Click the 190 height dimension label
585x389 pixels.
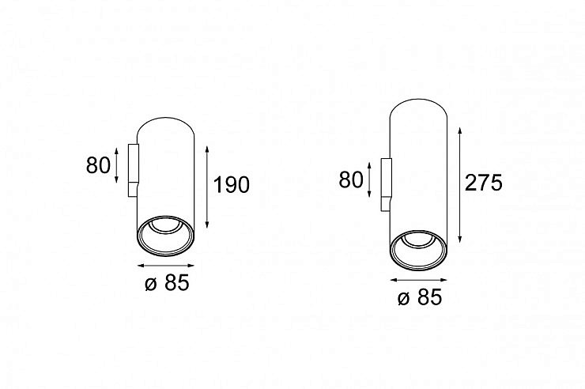tap(232, 184)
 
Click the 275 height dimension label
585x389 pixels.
tap(484, 183)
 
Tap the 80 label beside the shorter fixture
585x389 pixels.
tap(98, 165)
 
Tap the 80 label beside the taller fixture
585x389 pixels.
tap(351, 179)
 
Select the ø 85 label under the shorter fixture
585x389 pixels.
tap(167, 282)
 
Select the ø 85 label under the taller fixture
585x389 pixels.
tap(420, 297)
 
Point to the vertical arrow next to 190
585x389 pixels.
tap(207, 187)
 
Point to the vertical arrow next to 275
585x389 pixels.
tap(460, 185)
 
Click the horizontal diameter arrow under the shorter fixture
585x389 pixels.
tap(166, 266)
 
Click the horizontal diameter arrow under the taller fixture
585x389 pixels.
tap(418, 280)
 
